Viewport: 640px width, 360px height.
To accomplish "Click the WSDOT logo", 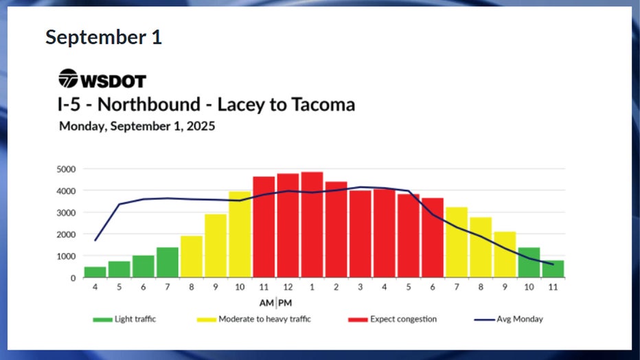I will pyautogui.click(x=102, y=80).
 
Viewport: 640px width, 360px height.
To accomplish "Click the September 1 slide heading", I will pyautogui.click(x=104, y=37).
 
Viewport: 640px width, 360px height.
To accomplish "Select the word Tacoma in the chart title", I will pyautogui.click(x=321, y=105).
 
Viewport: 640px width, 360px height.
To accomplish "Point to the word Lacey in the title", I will pyautogui.click(x=240, y=105).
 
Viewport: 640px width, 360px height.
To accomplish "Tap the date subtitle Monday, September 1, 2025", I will pyautogui.click(x=137, y=126).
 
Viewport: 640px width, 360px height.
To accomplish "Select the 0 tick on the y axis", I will pyautogui.click(x=73, y=278).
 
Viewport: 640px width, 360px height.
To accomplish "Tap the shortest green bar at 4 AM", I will pyautogui.click(x=95, y=272).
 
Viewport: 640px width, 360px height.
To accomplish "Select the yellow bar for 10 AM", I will pyautogui.click(x=240, y=234).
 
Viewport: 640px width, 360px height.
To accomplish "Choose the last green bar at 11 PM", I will pyautogui.click(x=553, y=269).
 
